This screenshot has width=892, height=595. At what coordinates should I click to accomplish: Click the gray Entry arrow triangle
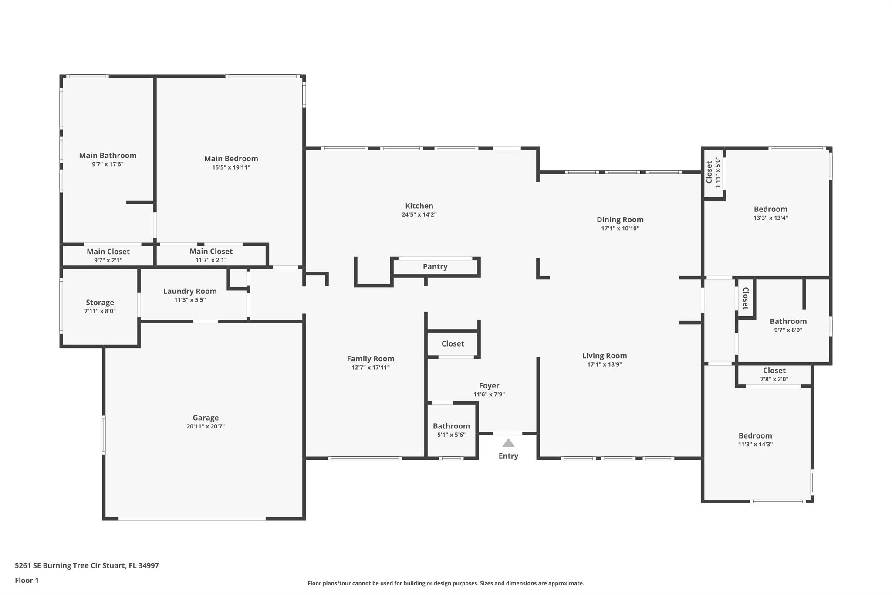(508, 443)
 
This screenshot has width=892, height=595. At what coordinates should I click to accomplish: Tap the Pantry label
(435, 267)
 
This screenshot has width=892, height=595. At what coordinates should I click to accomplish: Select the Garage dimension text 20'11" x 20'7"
(206, 426)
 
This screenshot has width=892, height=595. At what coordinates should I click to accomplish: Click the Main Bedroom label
(231, 159)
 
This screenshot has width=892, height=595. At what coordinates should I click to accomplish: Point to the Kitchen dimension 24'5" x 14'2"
(419, 214)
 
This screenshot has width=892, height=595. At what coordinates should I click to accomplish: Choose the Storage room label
(100, 303)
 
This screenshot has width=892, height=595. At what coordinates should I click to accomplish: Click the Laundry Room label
(190, 291)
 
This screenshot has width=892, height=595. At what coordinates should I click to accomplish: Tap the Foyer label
(489, 386)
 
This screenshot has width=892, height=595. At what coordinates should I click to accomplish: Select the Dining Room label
(620, 220)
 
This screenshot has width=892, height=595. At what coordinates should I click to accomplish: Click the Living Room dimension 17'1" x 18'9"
(605, 364)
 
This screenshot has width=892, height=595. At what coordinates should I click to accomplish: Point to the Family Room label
(371, 359)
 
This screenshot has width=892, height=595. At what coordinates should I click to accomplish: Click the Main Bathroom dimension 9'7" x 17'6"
(108, 164)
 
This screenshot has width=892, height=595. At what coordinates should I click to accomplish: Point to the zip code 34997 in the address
(149, 566)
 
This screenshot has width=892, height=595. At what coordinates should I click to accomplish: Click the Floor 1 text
(27, 581)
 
